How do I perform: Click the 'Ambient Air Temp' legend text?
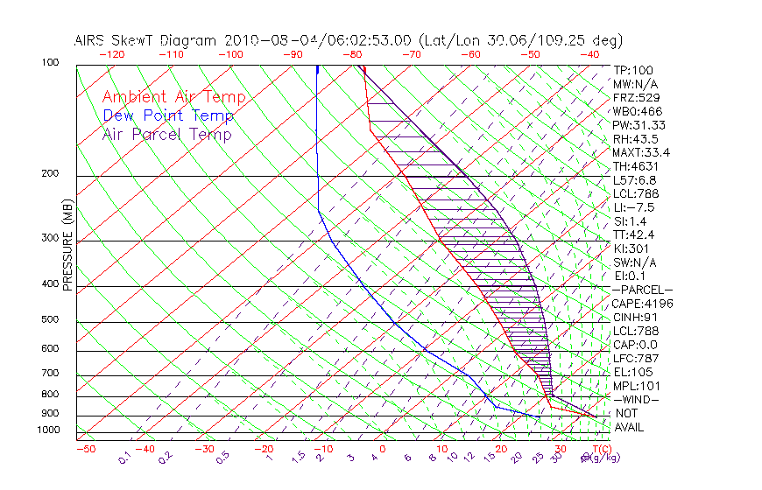click(x=173, y=98)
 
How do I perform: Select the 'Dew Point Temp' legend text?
click(x=168, y=116)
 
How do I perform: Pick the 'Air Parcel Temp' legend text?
click(x=166, y=135)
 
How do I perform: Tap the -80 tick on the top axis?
click(x=353, y=54)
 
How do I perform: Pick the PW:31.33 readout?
click(x=639, y=125)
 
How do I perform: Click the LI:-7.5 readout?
click(x=634, y=207)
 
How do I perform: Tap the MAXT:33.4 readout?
click(x=642, y=152)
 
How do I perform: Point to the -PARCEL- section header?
click(x=642, y=290)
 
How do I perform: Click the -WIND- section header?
click(x=637, y=399)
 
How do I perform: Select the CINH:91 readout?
click(x=634, y=317)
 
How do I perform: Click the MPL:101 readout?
click(x=634, y=386)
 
